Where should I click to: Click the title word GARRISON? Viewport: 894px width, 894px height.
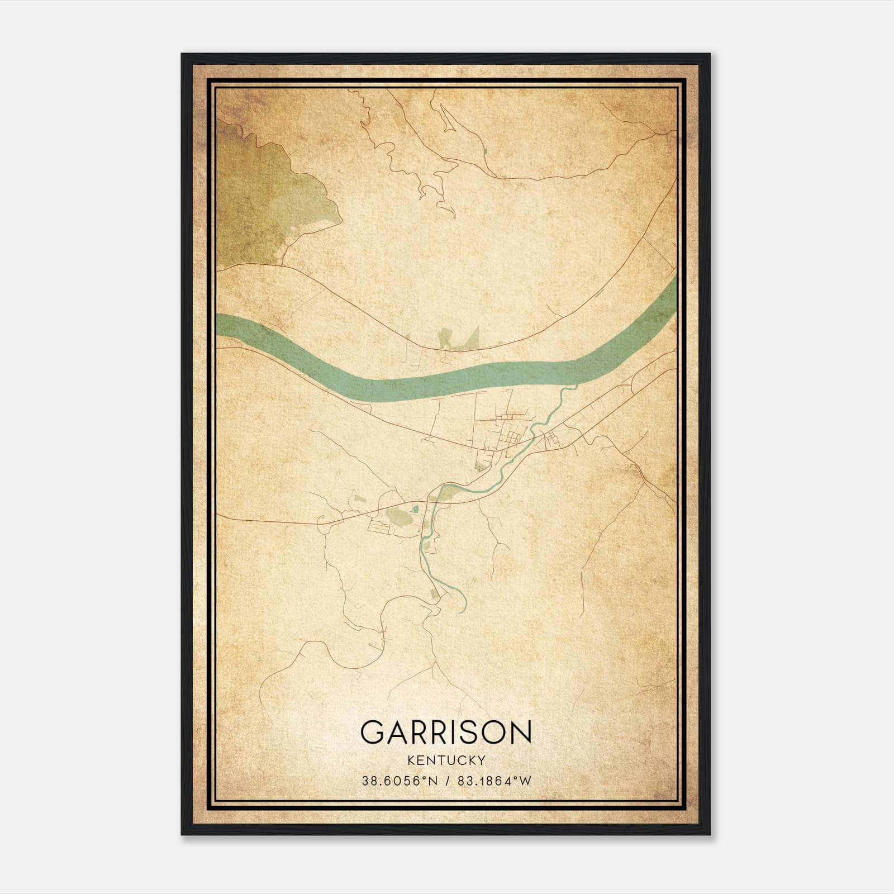click(x=446, y=732)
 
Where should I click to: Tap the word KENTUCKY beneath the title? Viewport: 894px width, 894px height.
click(x=446, y=760)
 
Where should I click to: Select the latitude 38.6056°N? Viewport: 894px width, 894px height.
click(x=400, y=781)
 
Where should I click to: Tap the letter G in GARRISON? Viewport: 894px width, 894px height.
click(x=373, y=732)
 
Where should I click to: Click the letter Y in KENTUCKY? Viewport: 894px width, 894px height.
click(x=481, y=760)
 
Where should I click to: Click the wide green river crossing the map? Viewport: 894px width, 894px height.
click(x=391, y=386)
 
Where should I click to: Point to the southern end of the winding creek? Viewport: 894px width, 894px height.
click(x=459, y=612)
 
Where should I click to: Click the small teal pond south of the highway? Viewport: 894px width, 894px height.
click(x=415, y=509)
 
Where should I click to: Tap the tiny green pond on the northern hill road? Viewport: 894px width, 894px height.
click(x=486, y=151)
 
